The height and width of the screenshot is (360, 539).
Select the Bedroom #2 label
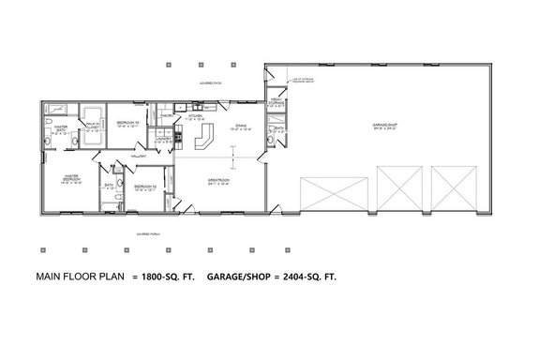click(x=145, y=187)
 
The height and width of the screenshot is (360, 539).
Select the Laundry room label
click(x=160, y=139)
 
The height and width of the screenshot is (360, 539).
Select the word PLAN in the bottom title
click(x=110, y=277)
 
